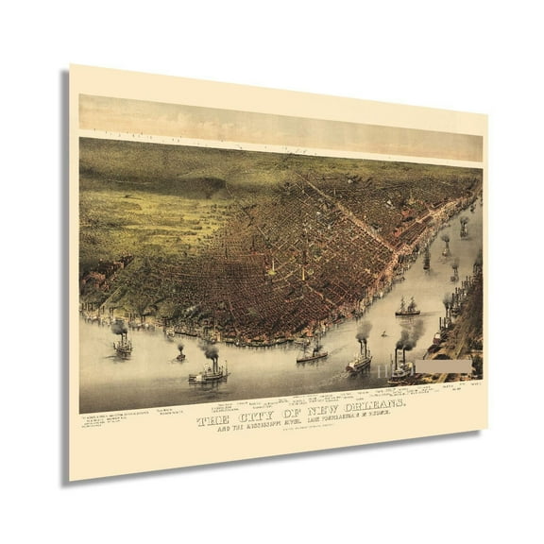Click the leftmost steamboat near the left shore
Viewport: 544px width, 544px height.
pos(122,347)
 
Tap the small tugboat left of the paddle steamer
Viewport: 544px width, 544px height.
pos(179,357)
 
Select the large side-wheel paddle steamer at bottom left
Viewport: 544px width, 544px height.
pos(209,374)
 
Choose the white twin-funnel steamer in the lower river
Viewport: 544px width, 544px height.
pos(360,362)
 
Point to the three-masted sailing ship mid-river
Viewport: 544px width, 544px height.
pos(408,307)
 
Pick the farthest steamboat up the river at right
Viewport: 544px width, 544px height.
pos(464,226)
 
